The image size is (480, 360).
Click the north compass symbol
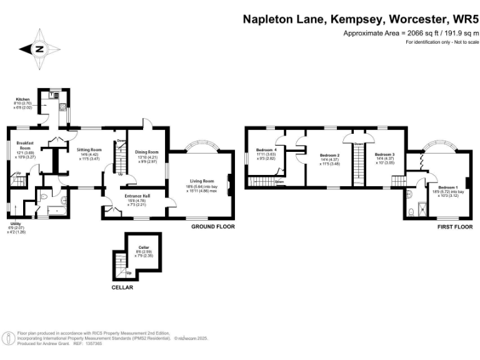tap(39, 49)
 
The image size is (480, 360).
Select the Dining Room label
tap(148, 152)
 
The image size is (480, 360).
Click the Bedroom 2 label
tap(329, 155)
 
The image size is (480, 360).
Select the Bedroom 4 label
tap(266, 150)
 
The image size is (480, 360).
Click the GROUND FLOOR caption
tap(213, 227)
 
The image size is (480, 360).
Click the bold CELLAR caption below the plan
tap(122, 287)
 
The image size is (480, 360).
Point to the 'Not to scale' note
tap(466, 42)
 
